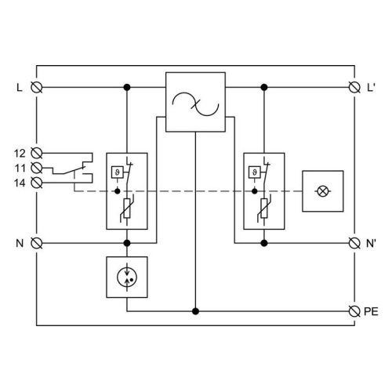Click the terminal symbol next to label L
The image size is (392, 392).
point(37,87)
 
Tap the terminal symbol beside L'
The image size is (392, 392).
point(354,87)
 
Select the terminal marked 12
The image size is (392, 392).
point(37,153)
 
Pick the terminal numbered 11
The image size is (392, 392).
point(37,168)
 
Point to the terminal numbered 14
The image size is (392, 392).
point(37,183)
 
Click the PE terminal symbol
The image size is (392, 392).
point(354,311)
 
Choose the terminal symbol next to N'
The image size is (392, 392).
point(354,243)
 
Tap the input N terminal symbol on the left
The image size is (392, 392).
point(37,243)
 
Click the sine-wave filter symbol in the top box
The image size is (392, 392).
point(195,104)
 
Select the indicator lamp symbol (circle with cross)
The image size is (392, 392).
point(323,191)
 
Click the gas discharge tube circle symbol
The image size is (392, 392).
point(127,277)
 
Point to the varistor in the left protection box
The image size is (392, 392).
point(127,209)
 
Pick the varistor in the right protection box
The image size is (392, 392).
point(264,209)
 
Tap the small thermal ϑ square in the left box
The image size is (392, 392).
point(118,172)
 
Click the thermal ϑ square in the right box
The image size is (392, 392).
point(255,172)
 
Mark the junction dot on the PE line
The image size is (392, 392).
point(195,311)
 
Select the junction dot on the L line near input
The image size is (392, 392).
point(127,87)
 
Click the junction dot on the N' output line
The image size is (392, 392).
point(264,243)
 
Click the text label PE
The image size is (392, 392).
point(371,311)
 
